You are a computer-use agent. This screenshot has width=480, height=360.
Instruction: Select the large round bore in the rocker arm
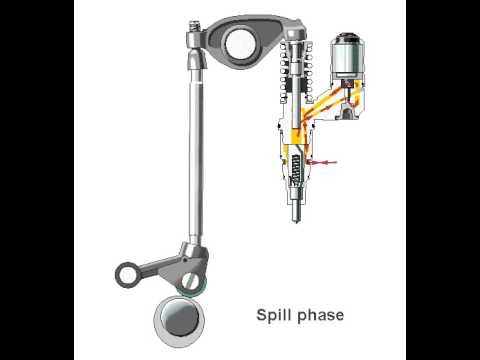[x=241, y=43]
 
